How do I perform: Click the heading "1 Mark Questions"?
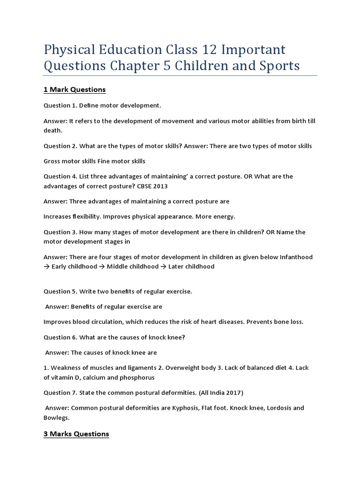coord(75,90)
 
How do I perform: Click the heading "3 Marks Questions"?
coord(76,434)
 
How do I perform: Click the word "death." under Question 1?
coord(53,131)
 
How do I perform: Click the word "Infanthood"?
coord(297,257)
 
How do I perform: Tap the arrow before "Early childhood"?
coord(47,267)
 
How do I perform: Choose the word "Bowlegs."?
coord(57,418)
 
